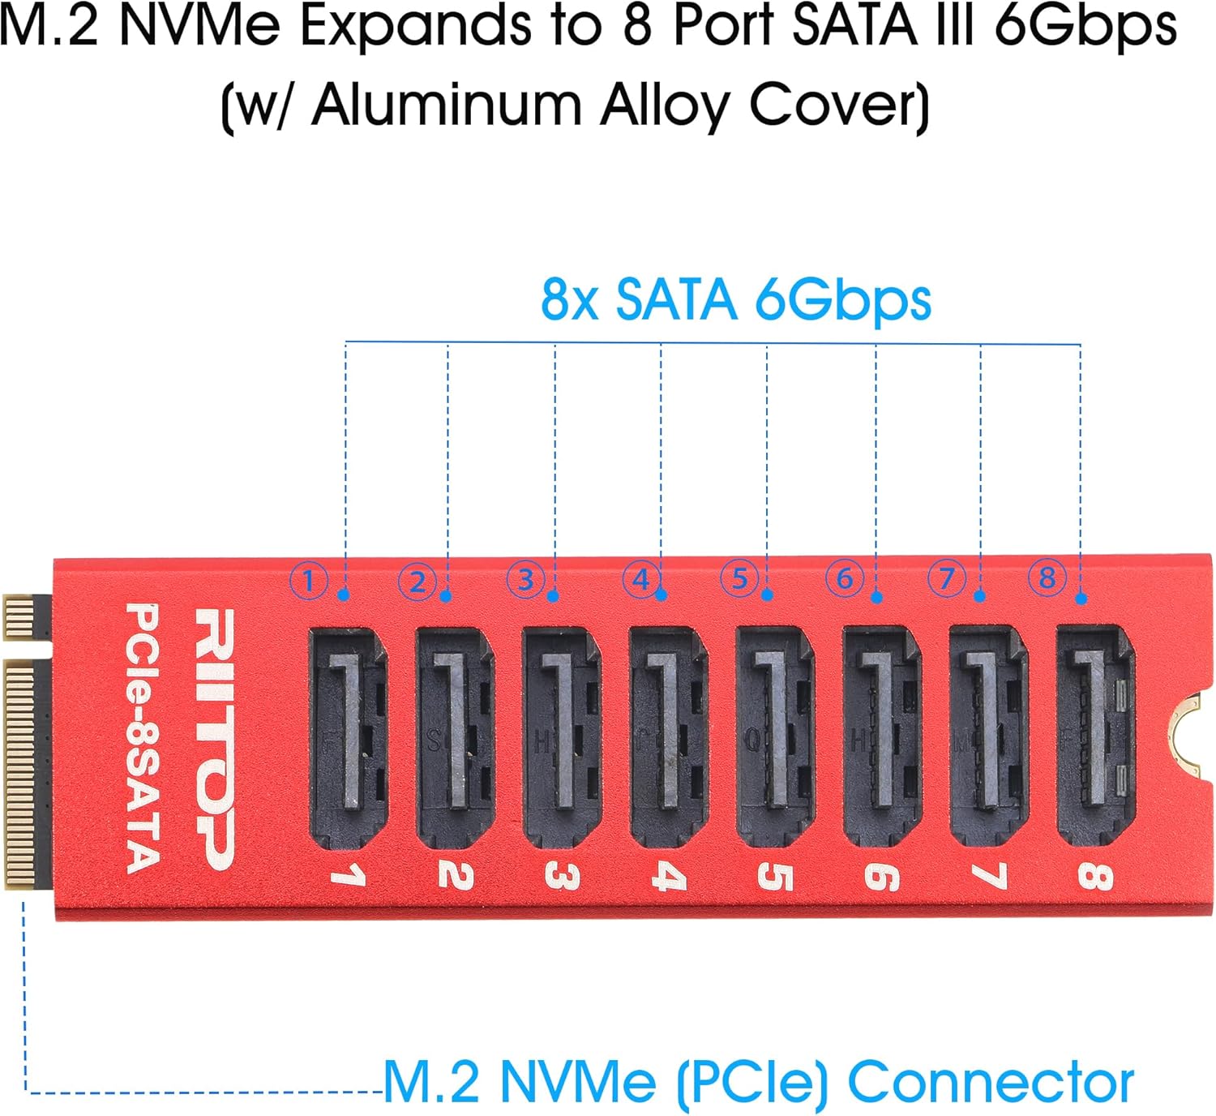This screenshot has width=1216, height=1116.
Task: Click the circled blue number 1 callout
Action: click(309, 581)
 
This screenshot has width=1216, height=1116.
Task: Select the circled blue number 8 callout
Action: click(1047, 577)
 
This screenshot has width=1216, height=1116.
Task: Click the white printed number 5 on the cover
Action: click(774, 877)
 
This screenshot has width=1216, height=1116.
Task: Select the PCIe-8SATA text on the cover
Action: click(143, 738)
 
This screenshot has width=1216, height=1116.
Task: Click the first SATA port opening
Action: click(349, 738)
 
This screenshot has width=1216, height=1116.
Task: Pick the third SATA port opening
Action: click(562, 737)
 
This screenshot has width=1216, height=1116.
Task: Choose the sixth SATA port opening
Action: click(883, 736)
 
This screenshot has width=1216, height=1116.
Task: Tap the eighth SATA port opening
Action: click(1096, 735)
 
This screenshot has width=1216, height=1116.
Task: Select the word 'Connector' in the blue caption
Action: click(991, 1082)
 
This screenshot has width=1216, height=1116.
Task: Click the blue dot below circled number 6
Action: click(876, 598)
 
